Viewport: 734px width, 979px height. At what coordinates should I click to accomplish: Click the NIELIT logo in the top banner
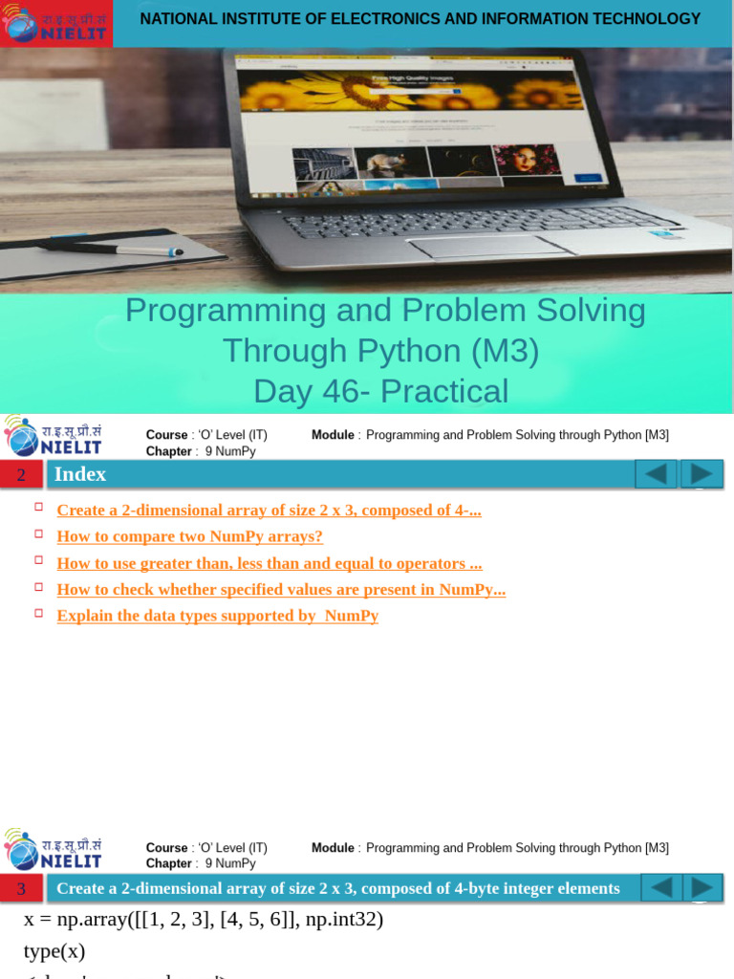point(55,24)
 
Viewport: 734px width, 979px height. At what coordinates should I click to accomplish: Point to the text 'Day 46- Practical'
point(380,391)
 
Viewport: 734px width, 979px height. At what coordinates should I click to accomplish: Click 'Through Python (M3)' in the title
point(380,351)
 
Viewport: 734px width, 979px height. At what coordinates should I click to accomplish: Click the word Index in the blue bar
point(80,474)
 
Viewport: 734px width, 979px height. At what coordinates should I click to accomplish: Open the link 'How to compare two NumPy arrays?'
point(189,536)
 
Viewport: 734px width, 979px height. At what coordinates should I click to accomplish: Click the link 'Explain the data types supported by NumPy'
point(217,616)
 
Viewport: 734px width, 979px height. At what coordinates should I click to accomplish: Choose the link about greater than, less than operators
point(269,563)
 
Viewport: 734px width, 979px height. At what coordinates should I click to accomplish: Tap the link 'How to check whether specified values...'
point(280,590)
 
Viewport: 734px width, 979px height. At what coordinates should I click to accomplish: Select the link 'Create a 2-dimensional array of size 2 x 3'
point(269,511)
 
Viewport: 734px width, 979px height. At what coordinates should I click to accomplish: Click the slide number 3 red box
point(21,889)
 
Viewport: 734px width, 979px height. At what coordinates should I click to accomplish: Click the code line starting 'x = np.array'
point(203,920)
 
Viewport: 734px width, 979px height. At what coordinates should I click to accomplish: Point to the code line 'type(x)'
point(54,951)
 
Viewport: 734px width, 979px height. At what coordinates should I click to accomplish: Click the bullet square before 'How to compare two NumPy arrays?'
point(39,533)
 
